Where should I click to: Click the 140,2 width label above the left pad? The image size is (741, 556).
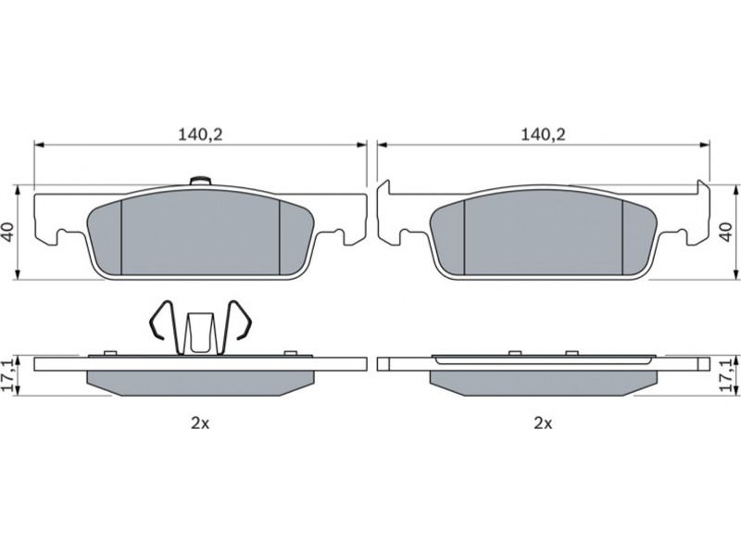point(200,135)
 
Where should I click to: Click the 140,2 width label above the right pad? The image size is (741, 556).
point(543,135)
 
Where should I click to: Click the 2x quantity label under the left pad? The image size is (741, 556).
point(200,423)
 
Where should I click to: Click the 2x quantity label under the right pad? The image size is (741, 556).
point(543,423)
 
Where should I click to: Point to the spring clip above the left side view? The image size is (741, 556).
point(200,327)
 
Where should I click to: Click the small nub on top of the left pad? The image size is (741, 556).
point(200,181)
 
